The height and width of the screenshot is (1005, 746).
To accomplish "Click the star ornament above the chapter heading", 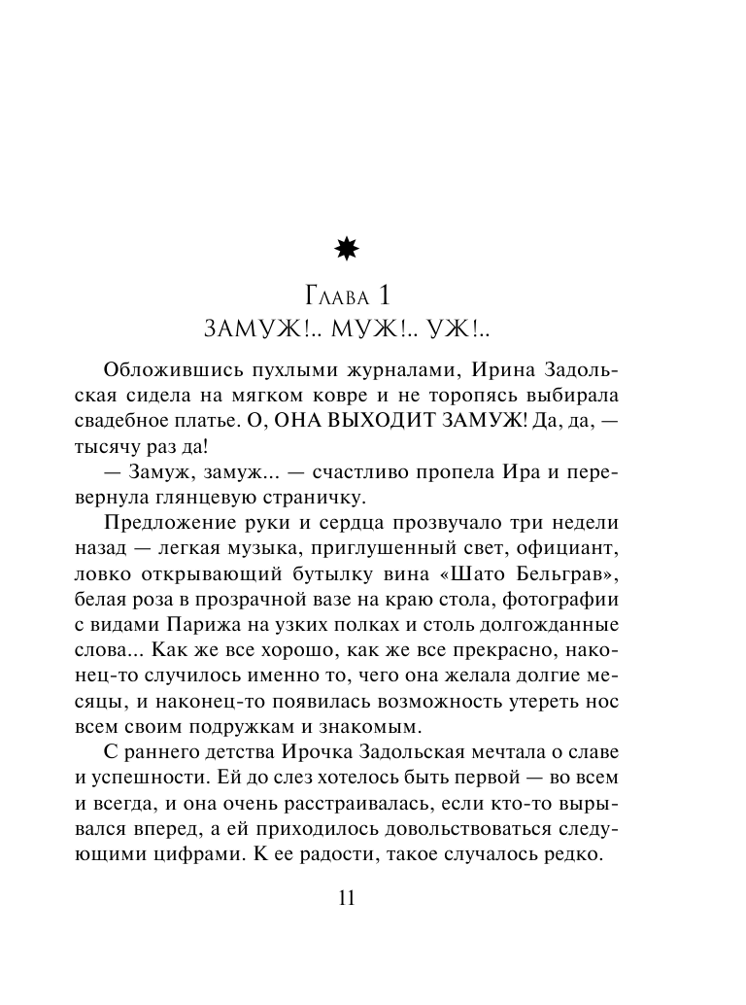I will click(346, 250).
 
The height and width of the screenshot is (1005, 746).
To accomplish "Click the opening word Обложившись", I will click(162, 372).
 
